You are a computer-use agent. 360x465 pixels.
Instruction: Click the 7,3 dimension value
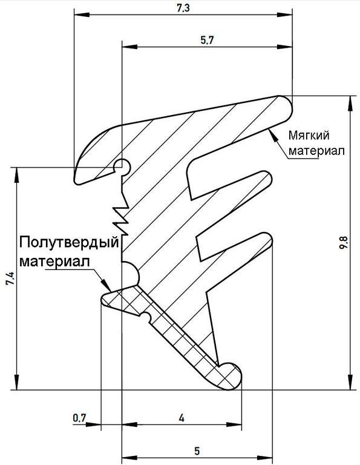pyautogui.click(x=183, y=8)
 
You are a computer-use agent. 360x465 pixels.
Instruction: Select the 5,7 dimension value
pyautogui.click(x=207, y=41)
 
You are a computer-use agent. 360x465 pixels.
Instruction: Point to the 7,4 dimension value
pyautogui.click(x=10, y=279)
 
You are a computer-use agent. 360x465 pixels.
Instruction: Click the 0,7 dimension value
pyautogui.click(x=79, y=418)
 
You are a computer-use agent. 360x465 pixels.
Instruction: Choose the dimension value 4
pyautogui.click(x=182, y=418)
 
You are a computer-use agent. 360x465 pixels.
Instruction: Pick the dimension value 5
pyautogui.click(x=197, y=451)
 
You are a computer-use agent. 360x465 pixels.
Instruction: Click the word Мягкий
pyautogui.click(x=309, y=136)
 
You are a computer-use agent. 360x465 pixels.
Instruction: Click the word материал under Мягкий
pyautogui.click(x=317, y=151)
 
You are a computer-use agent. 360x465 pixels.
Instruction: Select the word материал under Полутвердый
pyautogui.click(x=54, y=262)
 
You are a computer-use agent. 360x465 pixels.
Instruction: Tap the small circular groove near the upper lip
pyautogui.click(x=122, y=166)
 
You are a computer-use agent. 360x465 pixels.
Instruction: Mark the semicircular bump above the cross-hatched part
pyautogui.click(x=131, y=274)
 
